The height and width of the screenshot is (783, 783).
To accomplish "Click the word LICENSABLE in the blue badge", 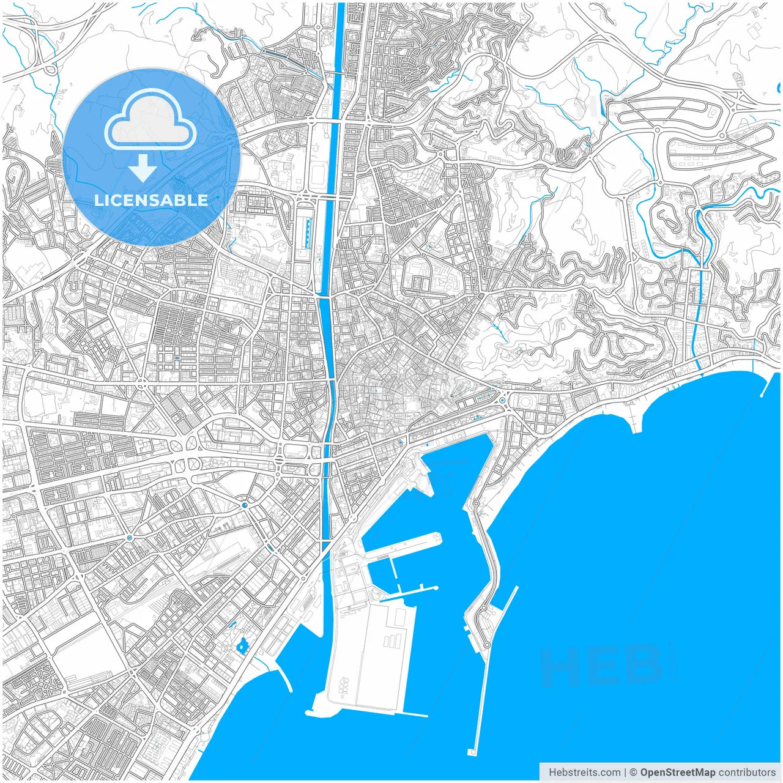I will (151, 200).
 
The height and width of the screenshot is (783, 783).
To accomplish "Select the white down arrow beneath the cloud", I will (143, 168).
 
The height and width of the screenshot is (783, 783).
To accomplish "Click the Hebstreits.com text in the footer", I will (584, 772).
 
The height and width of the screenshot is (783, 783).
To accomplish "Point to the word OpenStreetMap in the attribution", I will (677, 772).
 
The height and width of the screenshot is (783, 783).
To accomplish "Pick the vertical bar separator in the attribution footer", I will (625, 772).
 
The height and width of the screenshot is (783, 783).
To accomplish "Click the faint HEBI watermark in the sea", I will (609, 665).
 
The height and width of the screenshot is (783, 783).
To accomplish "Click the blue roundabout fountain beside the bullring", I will (502, 401).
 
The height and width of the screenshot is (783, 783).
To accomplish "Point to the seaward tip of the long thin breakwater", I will (473, 751).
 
